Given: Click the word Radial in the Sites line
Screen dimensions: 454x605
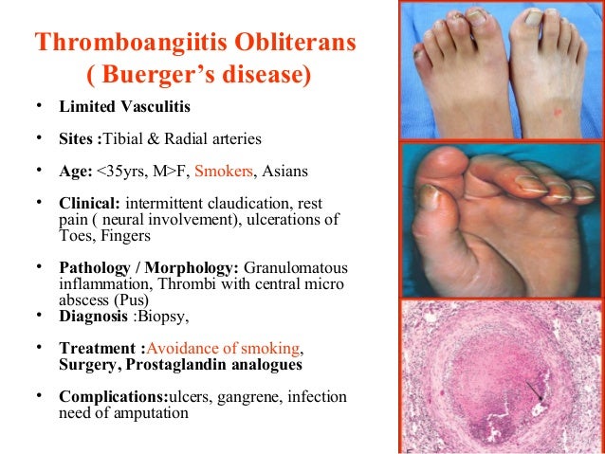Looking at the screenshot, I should [x=196, y=139].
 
